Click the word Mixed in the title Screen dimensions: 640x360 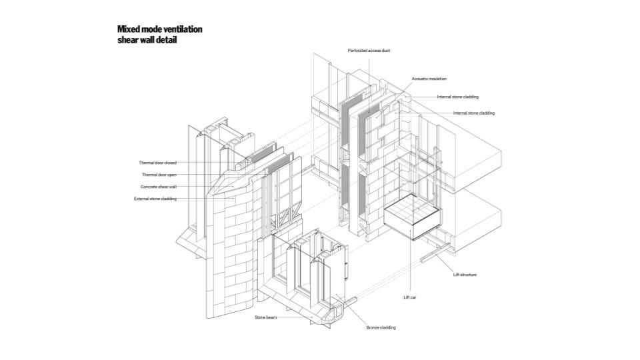pos(127,29)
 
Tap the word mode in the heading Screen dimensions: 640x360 pos(150,29)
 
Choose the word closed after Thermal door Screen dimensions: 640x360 pos(171,163)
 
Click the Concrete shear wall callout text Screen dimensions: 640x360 pos(158,187)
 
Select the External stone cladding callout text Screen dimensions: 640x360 pos(155,199)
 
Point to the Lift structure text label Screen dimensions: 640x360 pos(465,275)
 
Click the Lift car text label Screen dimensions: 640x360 pos(410,297)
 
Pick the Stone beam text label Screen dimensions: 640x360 pos(265,317)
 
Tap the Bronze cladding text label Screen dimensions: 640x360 pos(381,327)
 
